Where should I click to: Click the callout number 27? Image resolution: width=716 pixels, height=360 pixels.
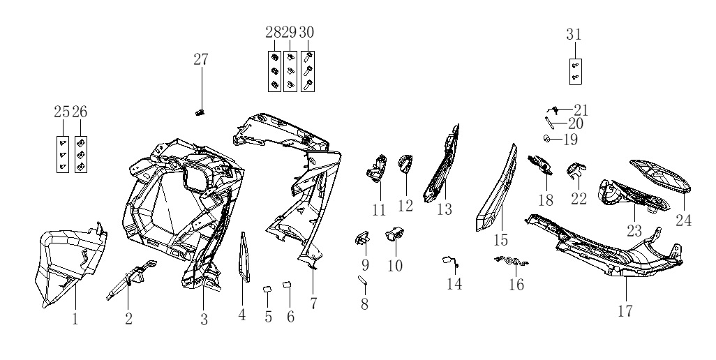click(201, 59)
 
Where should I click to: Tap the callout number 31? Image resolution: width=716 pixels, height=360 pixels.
click(574, 34)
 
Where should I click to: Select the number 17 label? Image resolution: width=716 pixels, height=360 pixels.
click(625, 311)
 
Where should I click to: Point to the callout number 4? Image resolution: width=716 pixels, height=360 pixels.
click(242, 315)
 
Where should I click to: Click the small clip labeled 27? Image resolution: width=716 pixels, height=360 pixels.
click(200, 112)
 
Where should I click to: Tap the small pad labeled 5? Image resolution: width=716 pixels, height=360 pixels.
click(267, 290)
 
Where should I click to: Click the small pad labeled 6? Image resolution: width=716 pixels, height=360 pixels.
click(288, 285)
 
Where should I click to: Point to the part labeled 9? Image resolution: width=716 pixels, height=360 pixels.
click(363, 238)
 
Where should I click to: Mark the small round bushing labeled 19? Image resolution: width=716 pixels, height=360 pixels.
click(546, 138)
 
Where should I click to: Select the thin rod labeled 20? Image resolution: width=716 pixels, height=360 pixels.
click(549, 123)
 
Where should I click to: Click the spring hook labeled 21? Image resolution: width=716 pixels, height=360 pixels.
click(553, 110)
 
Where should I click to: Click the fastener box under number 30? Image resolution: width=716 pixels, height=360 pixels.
click(308, 72)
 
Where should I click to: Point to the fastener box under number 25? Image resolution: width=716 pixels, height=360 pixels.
click(63, 155)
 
